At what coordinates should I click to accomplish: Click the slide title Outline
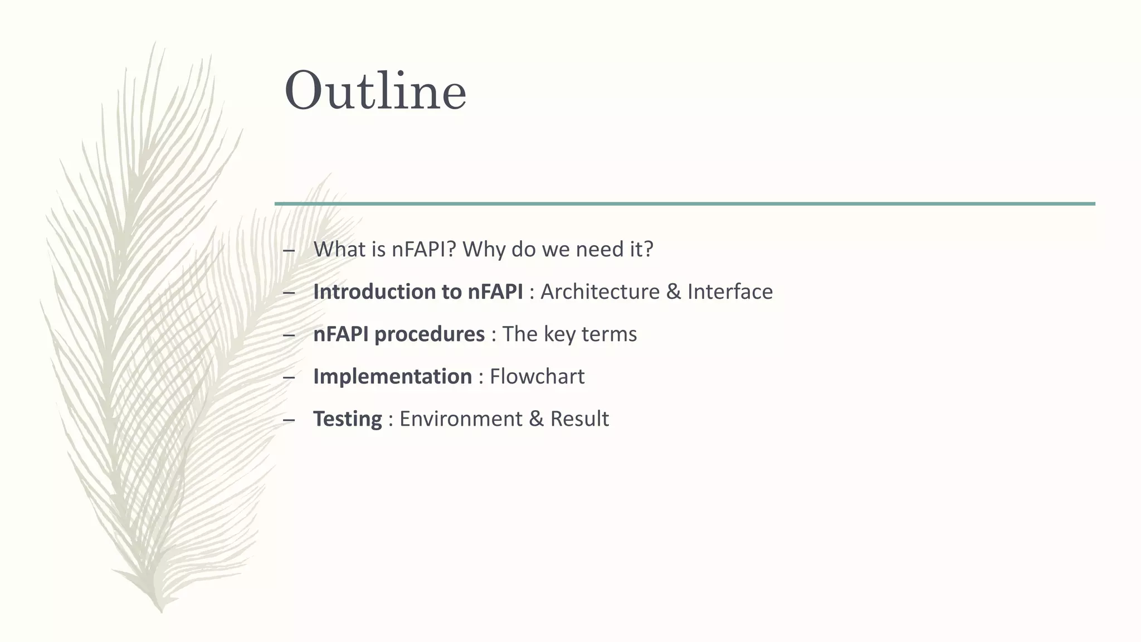[x=375, y=91]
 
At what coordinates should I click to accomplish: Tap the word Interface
[x=730, y=291]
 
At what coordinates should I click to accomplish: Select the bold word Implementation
[x=392, y=376]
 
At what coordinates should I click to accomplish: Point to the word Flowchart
[x=537, y=376]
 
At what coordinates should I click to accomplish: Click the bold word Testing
[x=348, y=419]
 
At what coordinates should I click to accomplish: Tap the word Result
[x=579, y=419]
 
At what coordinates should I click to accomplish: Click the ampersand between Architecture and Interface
[x=673, y=291]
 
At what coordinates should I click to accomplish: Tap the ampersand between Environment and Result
[x=536, y=419]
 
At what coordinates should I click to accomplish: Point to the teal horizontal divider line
[x=685, y=204]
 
